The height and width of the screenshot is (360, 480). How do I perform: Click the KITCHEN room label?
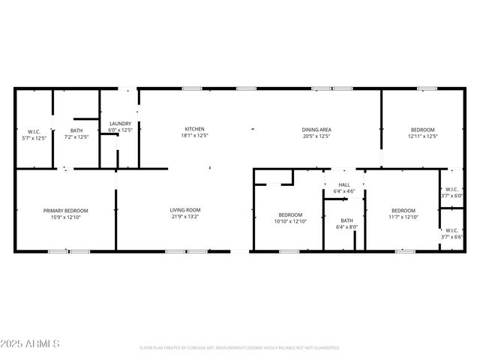click(193, 130)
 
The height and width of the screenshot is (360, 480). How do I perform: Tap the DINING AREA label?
click(316, 130)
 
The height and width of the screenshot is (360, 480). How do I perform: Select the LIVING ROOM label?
click(184, 210)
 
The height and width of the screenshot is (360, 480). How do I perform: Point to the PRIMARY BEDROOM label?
click(65, 210)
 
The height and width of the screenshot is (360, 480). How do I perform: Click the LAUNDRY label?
click(120, 124)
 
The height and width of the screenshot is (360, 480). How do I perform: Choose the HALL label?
click(344, 184)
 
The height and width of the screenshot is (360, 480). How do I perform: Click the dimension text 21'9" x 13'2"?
click(184, 217)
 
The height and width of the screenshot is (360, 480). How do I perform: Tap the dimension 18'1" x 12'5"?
click(193, 136)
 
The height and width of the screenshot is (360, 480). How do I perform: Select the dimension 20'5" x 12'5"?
click(316, 136)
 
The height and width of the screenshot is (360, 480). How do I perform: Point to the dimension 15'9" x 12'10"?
click(65, 217)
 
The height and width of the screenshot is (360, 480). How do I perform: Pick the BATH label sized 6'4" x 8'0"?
click(346, 220)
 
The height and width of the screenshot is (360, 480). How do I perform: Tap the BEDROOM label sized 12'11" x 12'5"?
click(422, 130)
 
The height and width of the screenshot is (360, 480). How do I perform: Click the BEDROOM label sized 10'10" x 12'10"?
click(290, 214)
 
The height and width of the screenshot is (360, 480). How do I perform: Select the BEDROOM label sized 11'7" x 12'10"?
click(403, 210)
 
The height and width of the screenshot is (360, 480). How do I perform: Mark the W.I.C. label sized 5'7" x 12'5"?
click(33, 132)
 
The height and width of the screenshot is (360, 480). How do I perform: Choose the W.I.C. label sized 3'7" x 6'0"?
click(451, 189)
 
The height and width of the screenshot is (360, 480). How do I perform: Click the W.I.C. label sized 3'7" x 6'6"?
click(451, 230)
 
